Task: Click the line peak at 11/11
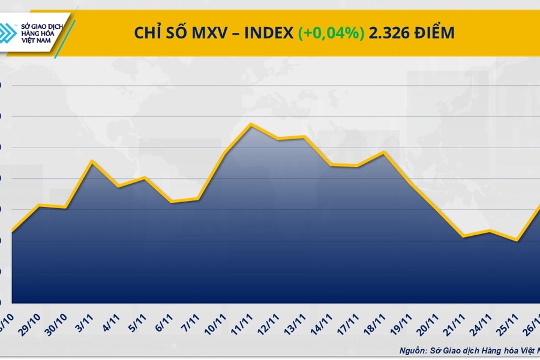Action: (x=251, y=124)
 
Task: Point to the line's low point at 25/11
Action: (x=517, y=241)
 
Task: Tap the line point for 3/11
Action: (x=91, y=161)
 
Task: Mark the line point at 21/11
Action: (x=463, y=236)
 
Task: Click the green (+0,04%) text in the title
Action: (x=331, y=33)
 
